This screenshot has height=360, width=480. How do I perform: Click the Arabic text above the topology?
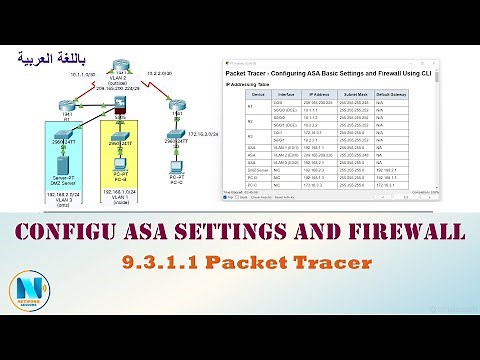click(51, 59)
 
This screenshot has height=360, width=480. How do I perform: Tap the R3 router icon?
click(176, 104)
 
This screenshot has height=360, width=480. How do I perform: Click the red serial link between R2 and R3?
click(152, 85)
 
